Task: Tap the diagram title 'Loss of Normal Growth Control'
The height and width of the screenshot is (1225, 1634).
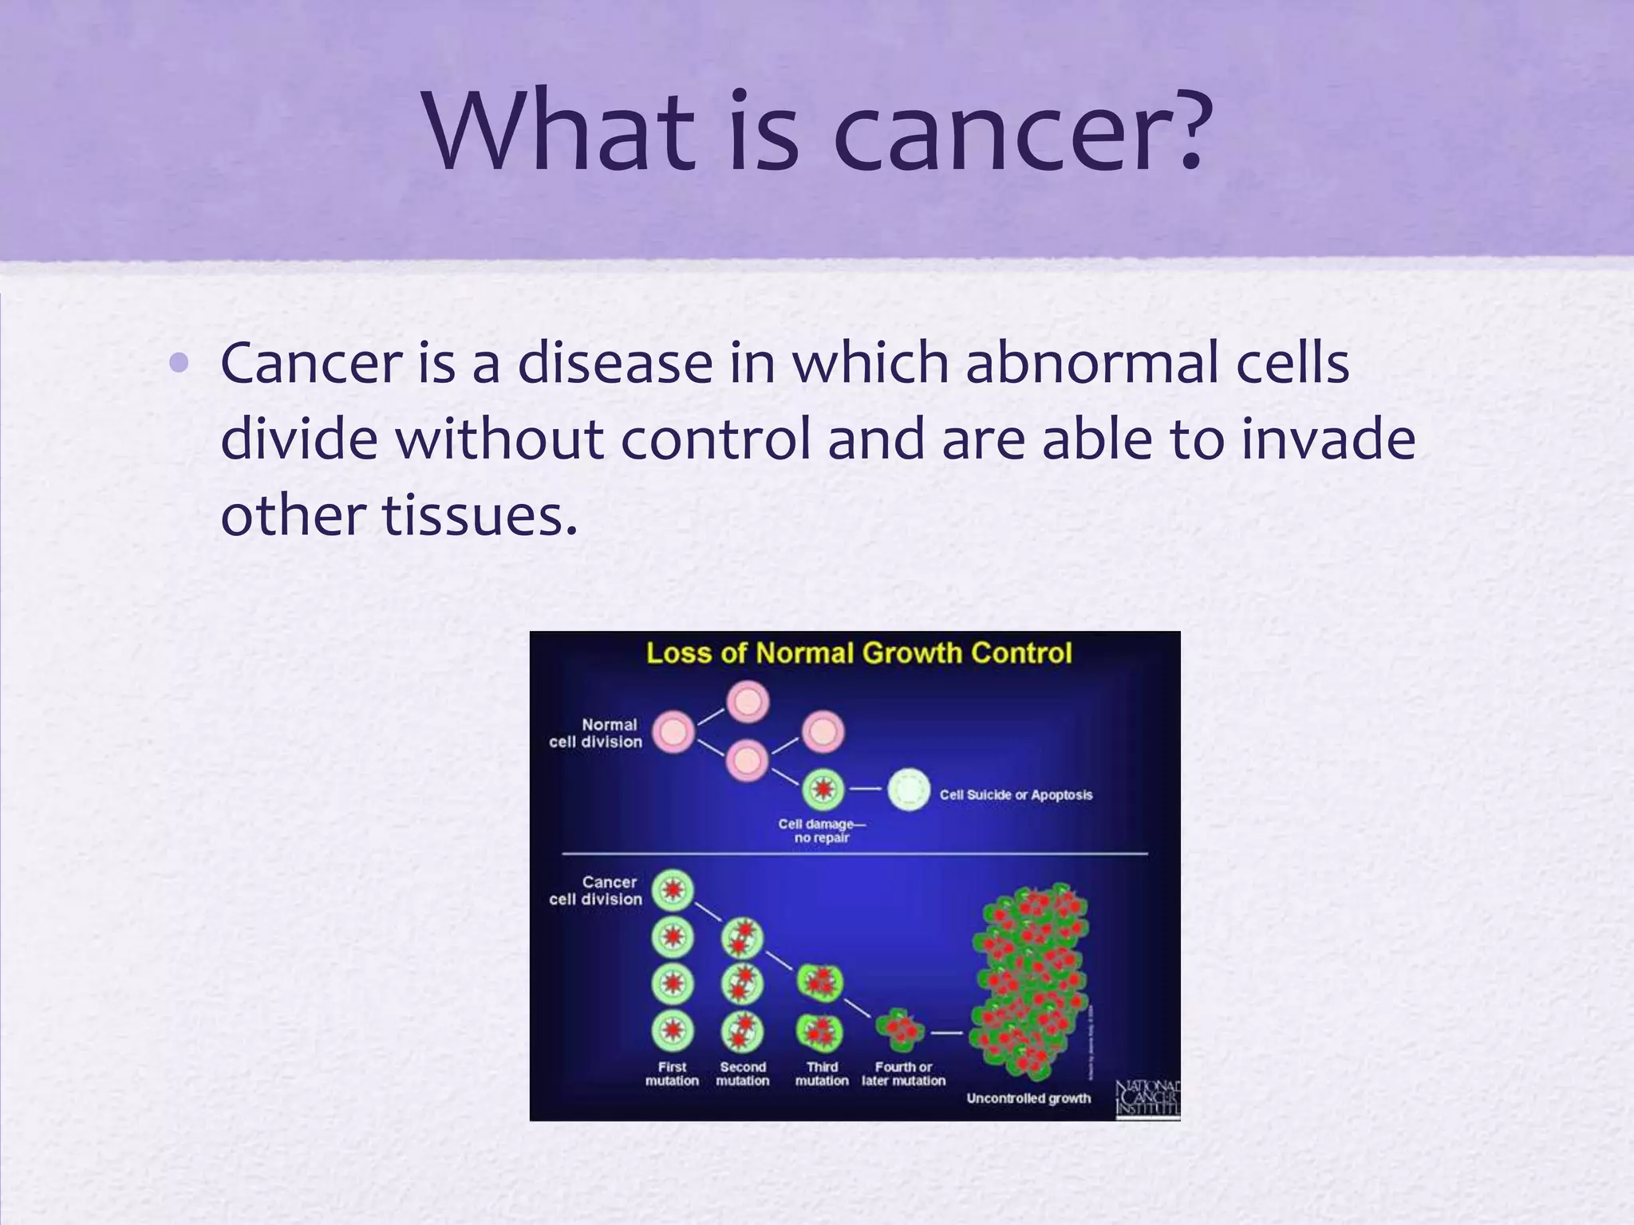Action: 858,653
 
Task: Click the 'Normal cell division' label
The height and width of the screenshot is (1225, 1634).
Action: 596,733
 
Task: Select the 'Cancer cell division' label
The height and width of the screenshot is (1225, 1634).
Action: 596,890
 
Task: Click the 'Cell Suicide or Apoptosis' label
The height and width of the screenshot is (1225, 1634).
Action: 1016,794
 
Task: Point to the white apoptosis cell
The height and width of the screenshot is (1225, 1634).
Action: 909,790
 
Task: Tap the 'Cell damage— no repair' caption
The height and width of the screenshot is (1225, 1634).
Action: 821,830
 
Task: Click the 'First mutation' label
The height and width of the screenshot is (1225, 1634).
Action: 672,1073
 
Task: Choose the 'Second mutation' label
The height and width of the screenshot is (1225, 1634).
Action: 742,1073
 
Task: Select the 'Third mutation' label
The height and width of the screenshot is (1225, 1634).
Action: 822,1073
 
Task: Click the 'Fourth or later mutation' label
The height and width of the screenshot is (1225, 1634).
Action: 903,1073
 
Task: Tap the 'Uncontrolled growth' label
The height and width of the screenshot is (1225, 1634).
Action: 1028,1098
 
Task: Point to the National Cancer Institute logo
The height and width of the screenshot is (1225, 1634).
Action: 1147,1098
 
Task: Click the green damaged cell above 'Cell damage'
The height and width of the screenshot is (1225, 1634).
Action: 823,790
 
